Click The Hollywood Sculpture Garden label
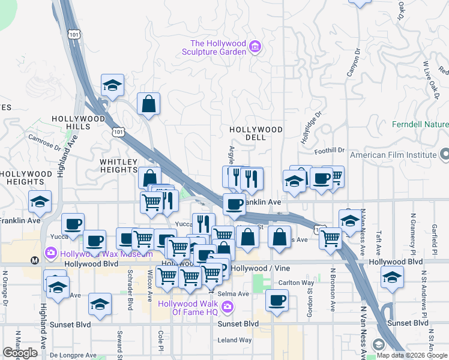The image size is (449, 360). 218,47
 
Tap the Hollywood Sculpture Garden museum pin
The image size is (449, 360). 255,46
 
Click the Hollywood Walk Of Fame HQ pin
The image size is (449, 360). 227,308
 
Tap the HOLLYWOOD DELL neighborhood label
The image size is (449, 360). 256,133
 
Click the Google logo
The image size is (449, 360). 20,353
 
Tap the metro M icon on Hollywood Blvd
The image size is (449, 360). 35,261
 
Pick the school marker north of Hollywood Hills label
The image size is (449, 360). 112,86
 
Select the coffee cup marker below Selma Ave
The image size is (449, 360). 277,302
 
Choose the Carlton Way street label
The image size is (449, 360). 296,283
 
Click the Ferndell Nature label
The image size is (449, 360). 420,124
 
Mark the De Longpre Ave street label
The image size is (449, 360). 73,355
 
